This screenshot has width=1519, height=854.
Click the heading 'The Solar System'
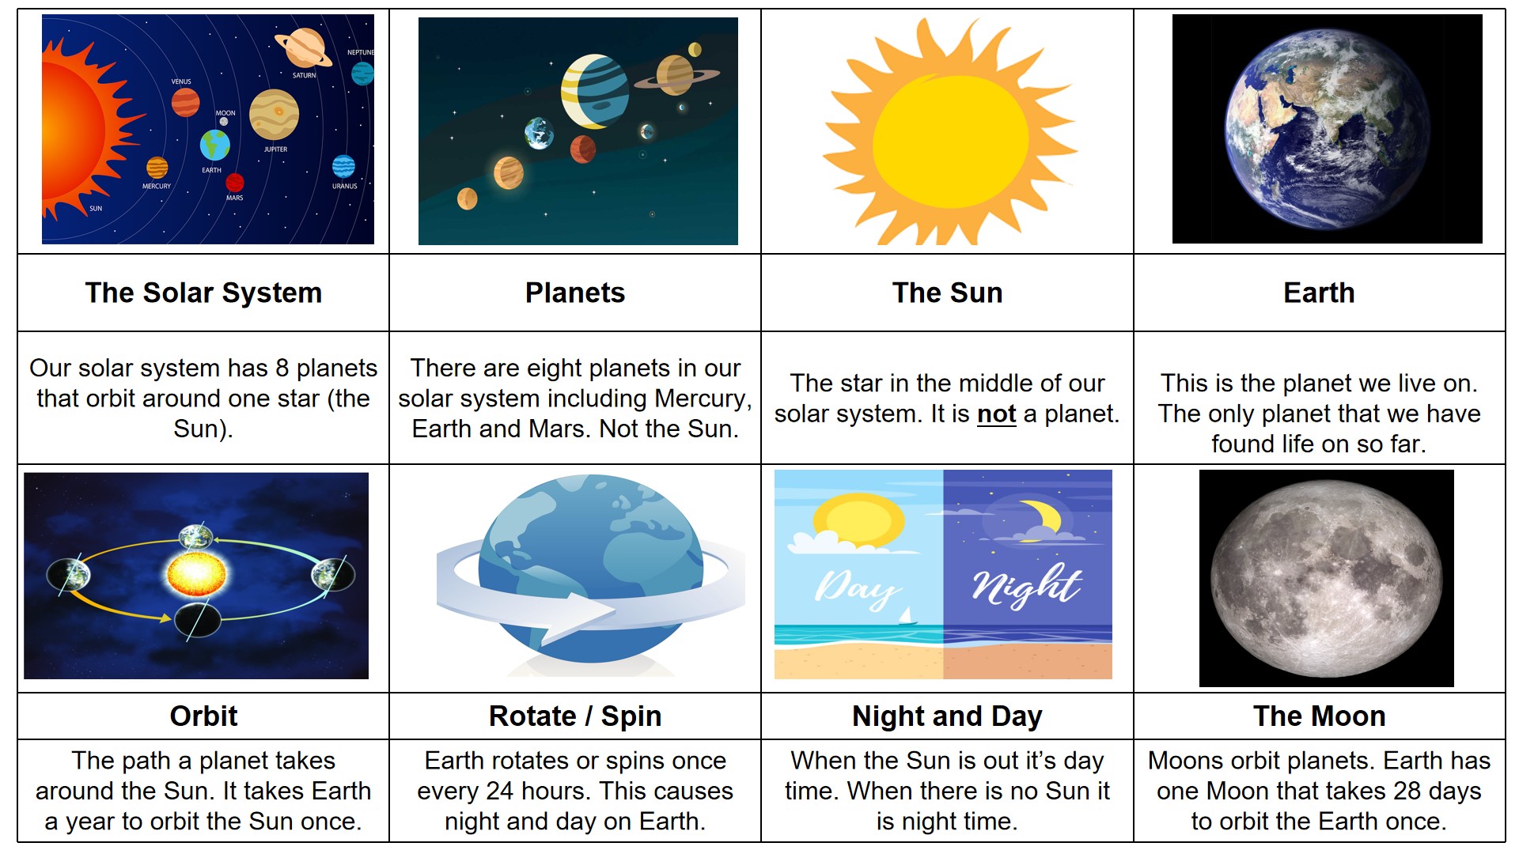coord(203,293)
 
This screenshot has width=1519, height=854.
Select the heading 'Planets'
coord(575,293)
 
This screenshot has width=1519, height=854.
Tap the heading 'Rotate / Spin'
coord(575,716)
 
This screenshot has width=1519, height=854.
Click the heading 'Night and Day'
coord(947,716)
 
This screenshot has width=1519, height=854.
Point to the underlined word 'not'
coord(997,414)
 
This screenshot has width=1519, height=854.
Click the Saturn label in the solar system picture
coord(305,76)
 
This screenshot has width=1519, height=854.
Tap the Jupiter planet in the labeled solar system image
coord(274,114)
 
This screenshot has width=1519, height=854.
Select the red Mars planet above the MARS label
coord(235,183)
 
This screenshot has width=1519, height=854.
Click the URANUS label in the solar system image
coord(345,187)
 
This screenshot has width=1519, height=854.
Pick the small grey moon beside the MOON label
coord(224,122)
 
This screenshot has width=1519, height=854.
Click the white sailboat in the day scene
coord(906,616)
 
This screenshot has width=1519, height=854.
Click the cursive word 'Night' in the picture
coord(1026,586)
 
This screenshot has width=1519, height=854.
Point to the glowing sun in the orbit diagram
coord(197,574)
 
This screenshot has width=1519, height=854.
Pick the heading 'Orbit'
coord(203,716)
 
